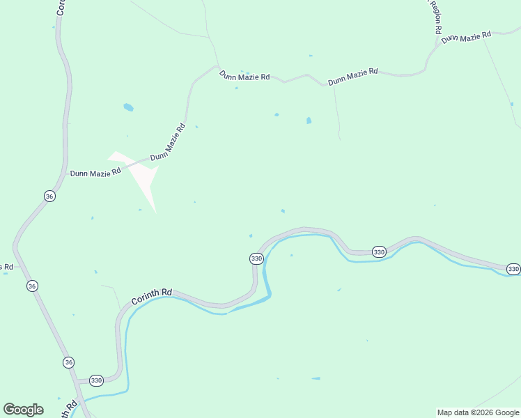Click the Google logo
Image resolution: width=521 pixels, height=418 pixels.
coord(23,410)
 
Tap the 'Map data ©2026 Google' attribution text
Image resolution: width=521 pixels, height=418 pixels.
coord(479,412)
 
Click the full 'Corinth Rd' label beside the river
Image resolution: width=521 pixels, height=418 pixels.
coord(151,296)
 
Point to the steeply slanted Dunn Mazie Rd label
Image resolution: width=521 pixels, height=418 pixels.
coord(168,142)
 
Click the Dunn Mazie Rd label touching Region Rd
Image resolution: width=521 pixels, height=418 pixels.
coord(466,37)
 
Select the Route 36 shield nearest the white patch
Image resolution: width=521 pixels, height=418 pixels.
coord(49,196)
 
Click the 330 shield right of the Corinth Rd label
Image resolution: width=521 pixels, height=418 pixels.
coord(256,258)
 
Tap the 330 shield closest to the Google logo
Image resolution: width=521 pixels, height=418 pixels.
coord(96,380)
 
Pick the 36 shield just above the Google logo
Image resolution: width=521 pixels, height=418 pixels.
coord(68,362)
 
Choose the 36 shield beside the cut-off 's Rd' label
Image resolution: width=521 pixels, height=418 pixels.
coord(32,286)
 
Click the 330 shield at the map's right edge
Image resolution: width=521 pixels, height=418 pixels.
coord(513,269)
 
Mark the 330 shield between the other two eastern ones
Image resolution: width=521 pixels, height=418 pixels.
coord(379,251)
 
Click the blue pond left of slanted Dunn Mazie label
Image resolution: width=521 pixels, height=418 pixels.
coord(128,107)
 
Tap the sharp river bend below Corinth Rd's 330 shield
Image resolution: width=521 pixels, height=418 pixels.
coord(268,296)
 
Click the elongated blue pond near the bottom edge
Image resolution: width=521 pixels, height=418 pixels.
coord(316,378)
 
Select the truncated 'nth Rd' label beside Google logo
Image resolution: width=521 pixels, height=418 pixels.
coord(70,410)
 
